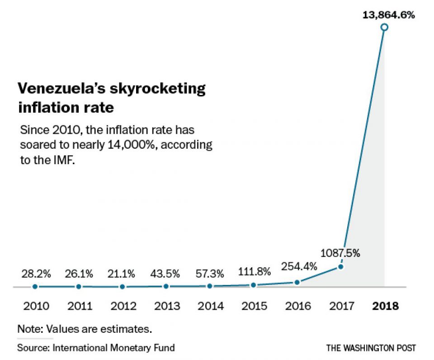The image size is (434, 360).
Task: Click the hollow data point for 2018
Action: [x=384, y=28]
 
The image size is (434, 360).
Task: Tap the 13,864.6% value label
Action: [x=388, y=15]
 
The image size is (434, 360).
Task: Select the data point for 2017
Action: [x=341, y=266]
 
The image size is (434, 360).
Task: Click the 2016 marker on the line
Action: [x=297, y=282]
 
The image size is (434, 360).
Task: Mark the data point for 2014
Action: [x=210, y=286]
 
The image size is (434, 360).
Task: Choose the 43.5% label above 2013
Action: [x=166, y=274]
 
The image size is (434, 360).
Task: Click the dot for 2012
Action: [x=123, y=287]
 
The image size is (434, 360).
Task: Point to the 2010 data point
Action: [x=35, y=286]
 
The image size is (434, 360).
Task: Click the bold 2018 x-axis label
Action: [x=385, y=306]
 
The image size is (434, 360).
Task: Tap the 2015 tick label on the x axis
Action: [x=255, y=306]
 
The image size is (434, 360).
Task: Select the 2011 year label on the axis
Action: [x=80, y=306]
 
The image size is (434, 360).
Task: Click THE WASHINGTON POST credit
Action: [x=371, y=348]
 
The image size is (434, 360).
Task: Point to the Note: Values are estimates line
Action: [x=84, y=329]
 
